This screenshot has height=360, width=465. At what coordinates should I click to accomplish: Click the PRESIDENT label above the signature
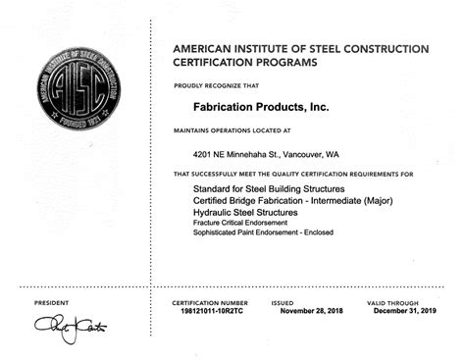[x=51, y=302]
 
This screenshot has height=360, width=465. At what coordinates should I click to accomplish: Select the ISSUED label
[x=283, y=302]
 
